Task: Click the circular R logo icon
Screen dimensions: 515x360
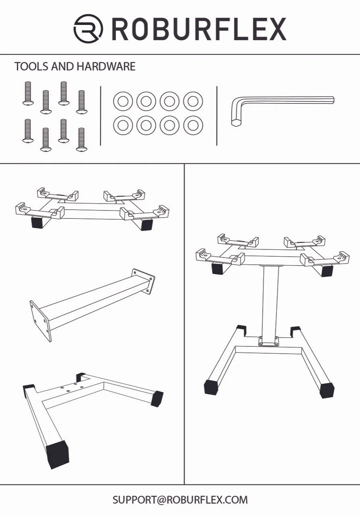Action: [88, 29]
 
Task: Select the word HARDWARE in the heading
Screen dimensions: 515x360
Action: [106, 66]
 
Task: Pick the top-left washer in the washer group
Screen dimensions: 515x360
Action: [123, 101]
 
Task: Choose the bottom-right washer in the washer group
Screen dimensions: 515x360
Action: [193, 126]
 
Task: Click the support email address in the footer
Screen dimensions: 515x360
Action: [180, 500]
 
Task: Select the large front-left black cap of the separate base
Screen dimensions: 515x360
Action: [57, 453]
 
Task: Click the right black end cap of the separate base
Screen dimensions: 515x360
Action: [157, 398]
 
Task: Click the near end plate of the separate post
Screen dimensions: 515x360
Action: [41, 321]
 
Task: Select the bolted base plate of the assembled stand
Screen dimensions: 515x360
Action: [269, 341]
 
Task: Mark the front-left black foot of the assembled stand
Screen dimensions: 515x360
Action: [211, 387]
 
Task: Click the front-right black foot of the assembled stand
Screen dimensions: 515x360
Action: [327, 389]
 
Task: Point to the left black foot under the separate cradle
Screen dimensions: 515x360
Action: [38, 222]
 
